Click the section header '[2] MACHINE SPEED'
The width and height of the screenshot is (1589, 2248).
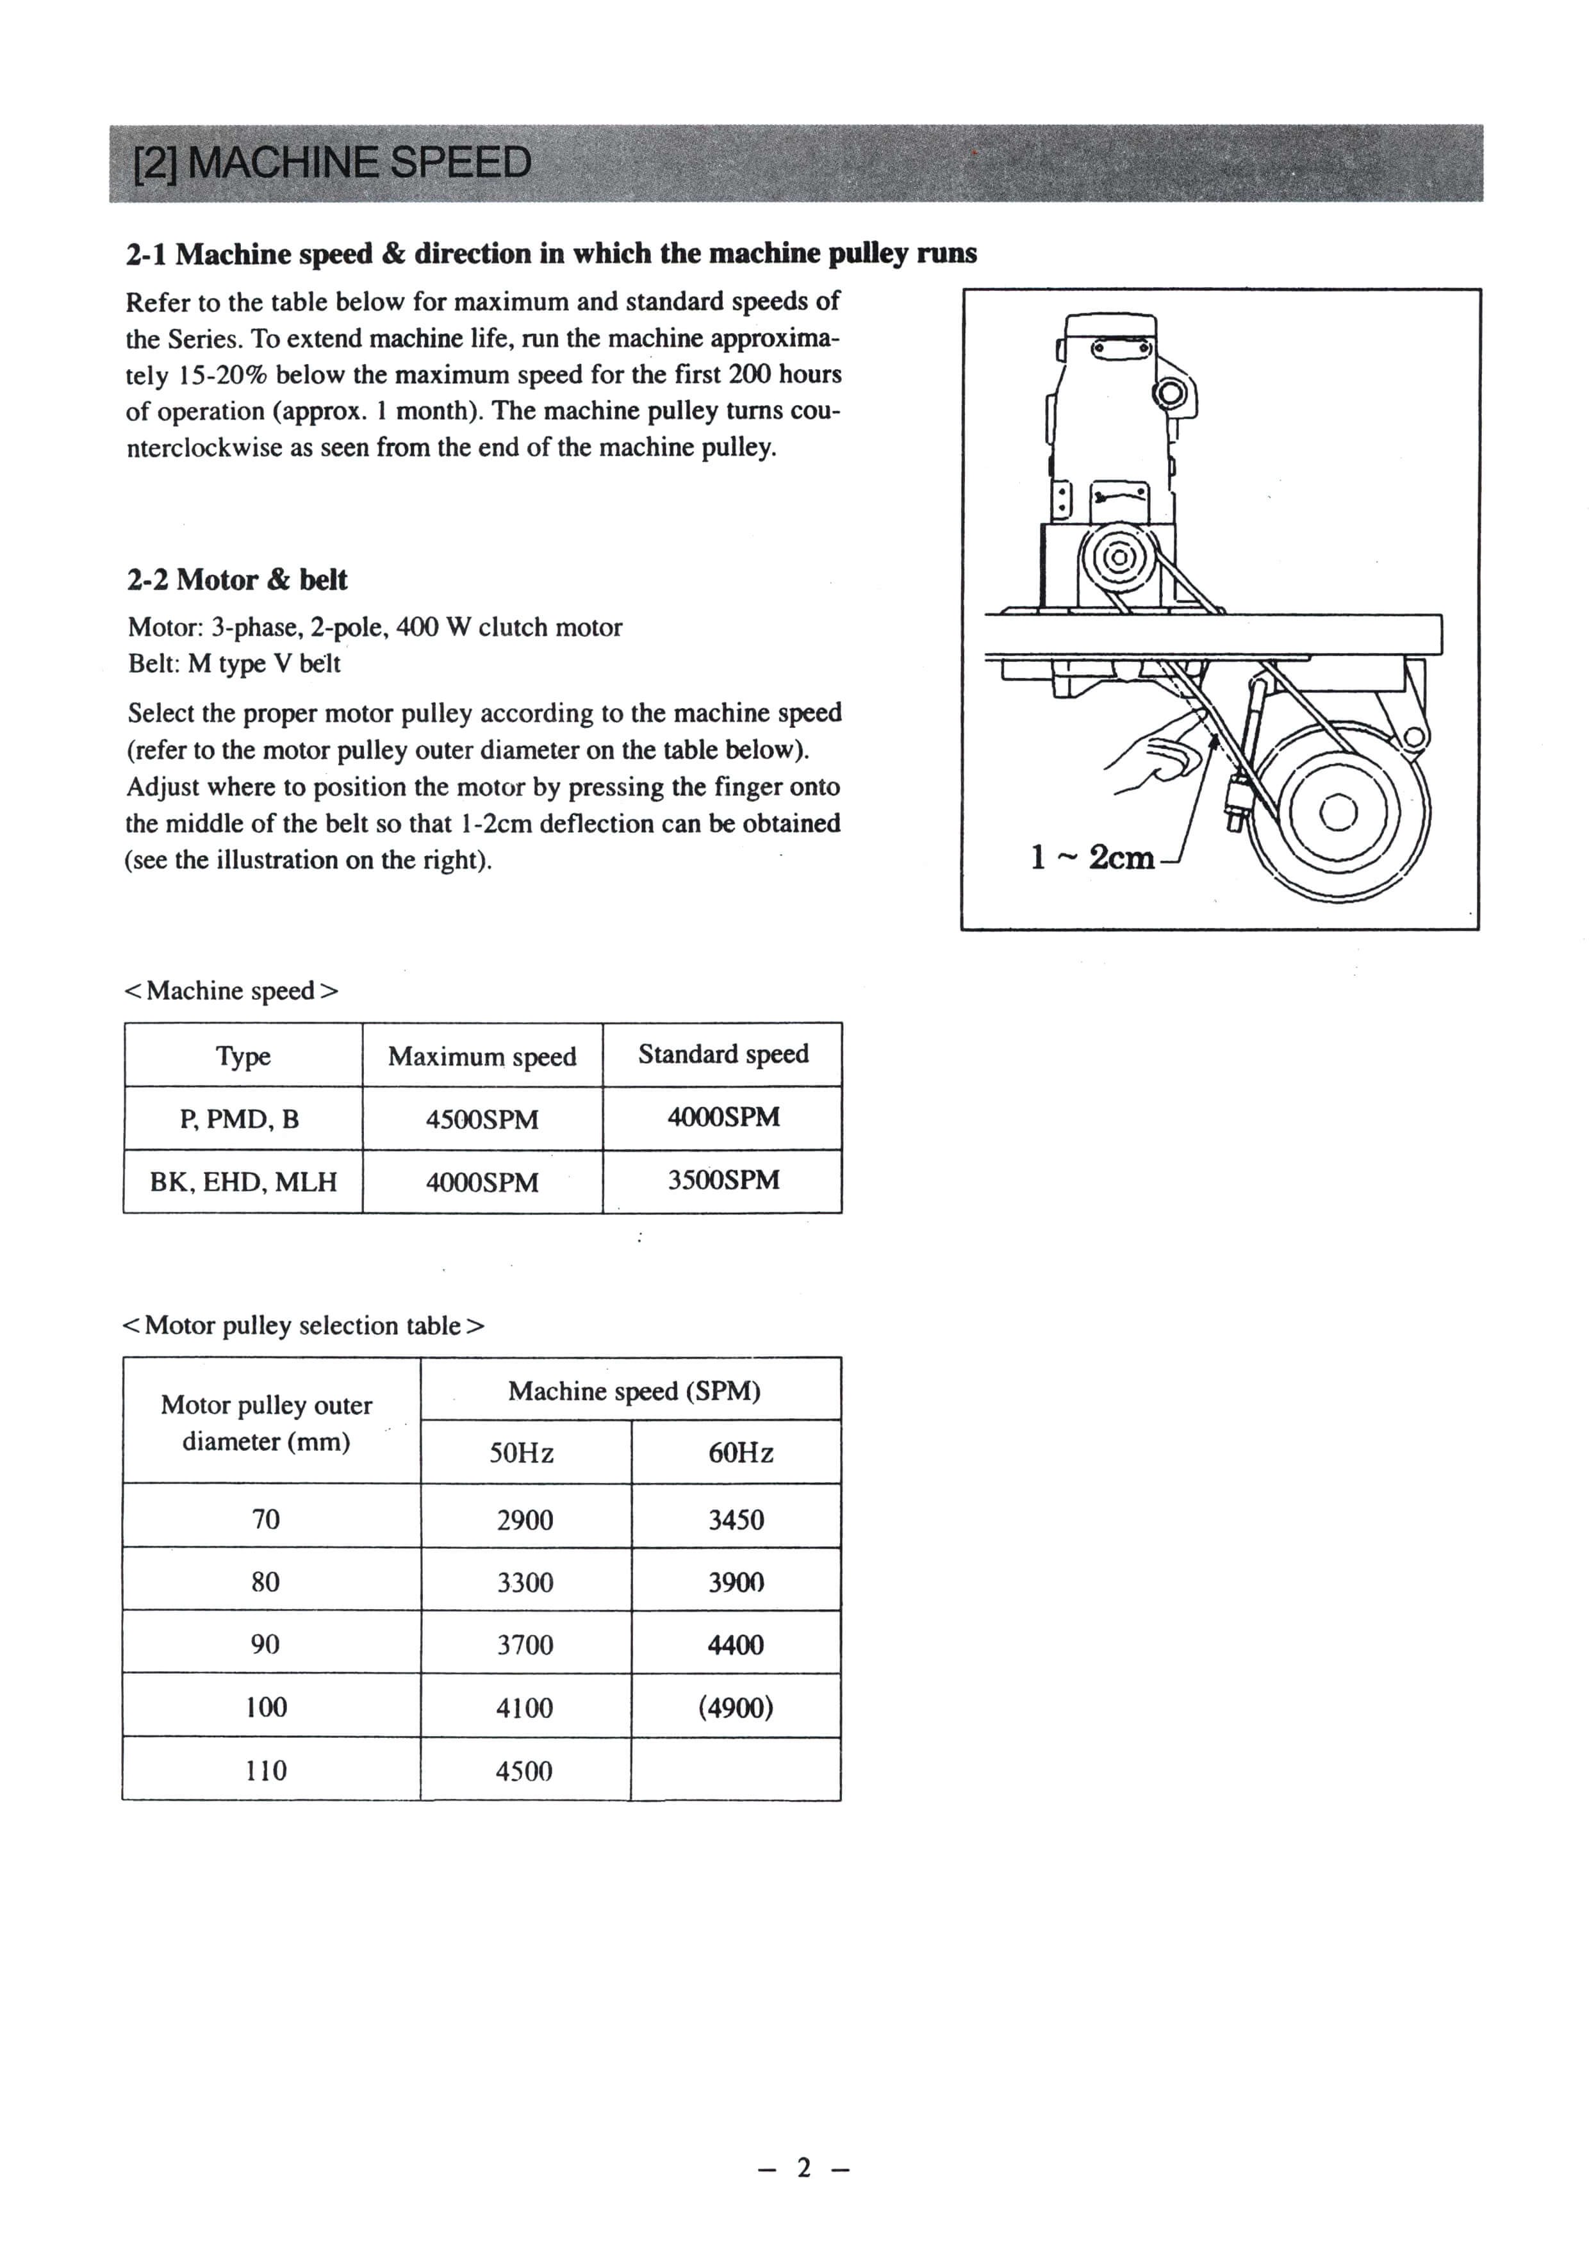click(333, 163)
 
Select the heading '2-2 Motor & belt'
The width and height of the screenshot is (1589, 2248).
click(237, 580)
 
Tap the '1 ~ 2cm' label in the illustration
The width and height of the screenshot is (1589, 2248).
click(1092, 857)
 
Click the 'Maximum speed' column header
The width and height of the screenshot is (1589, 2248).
click(482, 1057)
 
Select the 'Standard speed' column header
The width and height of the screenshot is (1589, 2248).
click(723, 1055)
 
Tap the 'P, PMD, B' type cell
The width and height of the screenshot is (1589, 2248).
click(240, 1119)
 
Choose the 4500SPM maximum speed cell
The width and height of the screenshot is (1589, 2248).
click(482, 1119)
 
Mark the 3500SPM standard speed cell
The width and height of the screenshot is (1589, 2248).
click(723, 1180)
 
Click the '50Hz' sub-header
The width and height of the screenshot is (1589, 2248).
click(522, 1453)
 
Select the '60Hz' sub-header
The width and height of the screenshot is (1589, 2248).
click(740, 1453)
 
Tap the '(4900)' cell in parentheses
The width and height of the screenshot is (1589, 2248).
click(736, 1708)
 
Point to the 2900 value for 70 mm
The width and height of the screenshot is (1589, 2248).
click(525, 1519)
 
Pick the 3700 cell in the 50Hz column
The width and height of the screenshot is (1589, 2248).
click(525, 1645)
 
